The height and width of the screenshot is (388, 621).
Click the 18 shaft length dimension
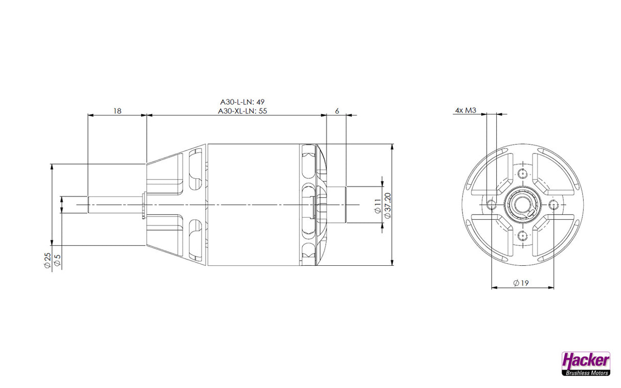pyautogui.click(x=117, y=110)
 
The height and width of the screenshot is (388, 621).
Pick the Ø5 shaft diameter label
pyautogui.click(x=57, y=260)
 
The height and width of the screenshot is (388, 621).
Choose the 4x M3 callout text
pyautogui.click(x=465, y=110)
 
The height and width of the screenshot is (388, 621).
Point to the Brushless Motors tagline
pyautogui.click(x=586, y=373)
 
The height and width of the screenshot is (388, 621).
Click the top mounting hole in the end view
pyautogui.click(x=522, y=172)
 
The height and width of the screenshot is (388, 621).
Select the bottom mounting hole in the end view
pyautogui.click(x=522, y=236)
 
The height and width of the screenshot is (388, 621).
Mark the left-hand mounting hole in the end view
pyautogui.click(x=491, y=205)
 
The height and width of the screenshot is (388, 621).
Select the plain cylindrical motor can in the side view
pyautogui.click(x=253, y=204)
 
